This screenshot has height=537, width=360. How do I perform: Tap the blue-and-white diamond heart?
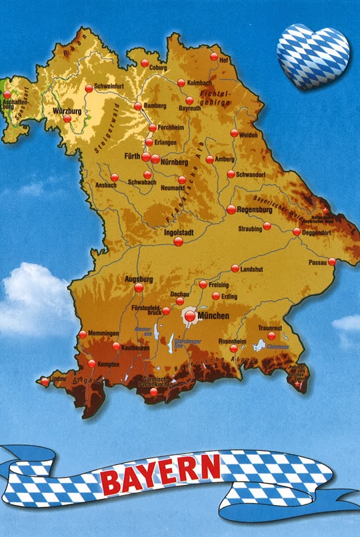313,56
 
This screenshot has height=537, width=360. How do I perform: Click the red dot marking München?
191,317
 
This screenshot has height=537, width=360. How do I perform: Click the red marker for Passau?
332,261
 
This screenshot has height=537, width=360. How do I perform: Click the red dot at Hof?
214,57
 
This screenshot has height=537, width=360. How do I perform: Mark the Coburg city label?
158,67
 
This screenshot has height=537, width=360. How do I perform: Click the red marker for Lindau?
45,382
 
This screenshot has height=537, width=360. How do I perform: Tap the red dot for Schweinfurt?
89,88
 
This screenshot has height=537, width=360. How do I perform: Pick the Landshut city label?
253,270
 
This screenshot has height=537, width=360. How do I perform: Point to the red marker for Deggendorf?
297,231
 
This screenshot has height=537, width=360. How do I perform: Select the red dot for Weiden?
234,133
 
